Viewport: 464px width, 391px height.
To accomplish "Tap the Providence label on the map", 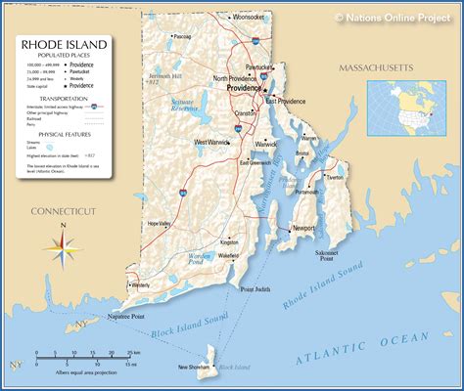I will (x=244, y=88).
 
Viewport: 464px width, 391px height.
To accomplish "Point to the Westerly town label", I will (x=140, y=285).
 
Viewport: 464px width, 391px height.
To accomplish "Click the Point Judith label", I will (x=255, y=289).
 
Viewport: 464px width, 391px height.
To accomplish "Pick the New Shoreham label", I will (x=195, y=368).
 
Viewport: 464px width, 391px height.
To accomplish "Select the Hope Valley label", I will (x=159, y=224).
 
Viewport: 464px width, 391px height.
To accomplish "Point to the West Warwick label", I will (x=212, y=143).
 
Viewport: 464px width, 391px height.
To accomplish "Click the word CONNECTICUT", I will (x=64, y=210).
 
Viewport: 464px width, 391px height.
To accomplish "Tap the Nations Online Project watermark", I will (x=393, y=17).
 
